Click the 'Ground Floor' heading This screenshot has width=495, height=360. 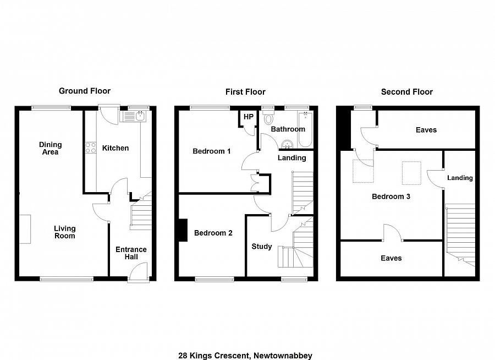tap(85, 91)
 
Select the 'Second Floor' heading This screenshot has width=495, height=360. tap(406, 92)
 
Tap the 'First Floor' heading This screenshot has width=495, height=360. tap(245, 92)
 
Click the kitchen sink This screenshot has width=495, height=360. tap(135, 116)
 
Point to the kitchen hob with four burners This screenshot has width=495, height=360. tap(90, 148)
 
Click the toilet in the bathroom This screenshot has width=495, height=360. tap(269, 118)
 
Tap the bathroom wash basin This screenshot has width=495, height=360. tap(287, 144)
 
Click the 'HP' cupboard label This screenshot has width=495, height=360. tap(248, 117)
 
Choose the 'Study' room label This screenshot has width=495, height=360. tap(261, 247)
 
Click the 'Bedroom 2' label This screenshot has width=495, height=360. tap(213, 233)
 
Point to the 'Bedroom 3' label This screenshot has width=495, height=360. tap(391, 197)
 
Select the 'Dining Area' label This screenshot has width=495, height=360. tap(50, 149)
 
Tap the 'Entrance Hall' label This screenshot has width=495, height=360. tap(130, 253)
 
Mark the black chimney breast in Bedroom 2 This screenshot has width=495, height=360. tap(182, 230)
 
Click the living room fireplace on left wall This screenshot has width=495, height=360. tap(25, 229)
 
